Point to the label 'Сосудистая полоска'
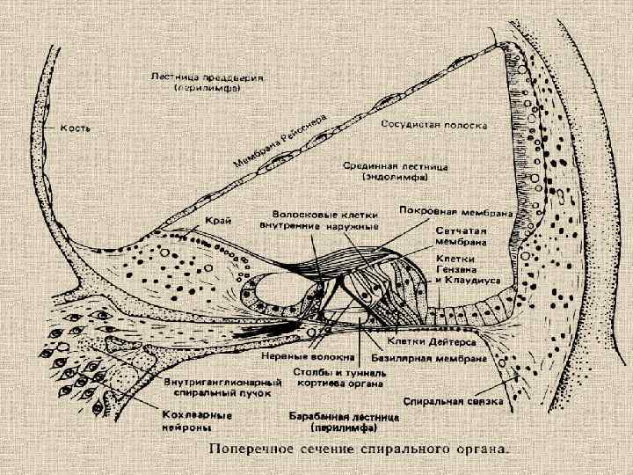pyautogui.click(x=434, y=125)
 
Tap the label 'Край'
pyautogui.click(x=219, y=221)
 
